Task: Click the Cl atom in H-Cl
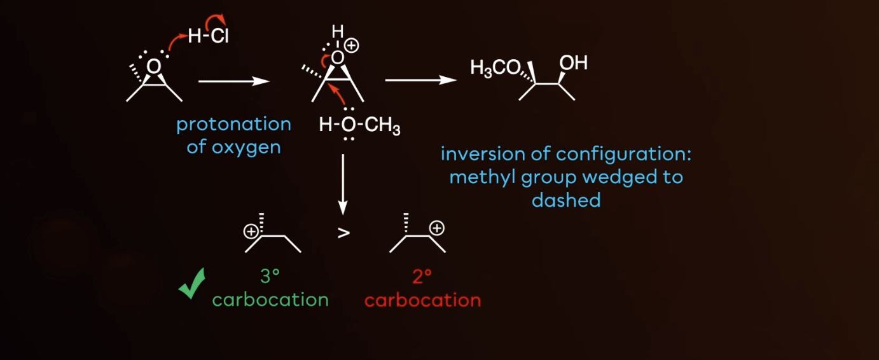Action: pyautogui.click(x=218, y=37)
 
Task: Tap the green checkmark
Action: pyautogui.click(x=191, y=284)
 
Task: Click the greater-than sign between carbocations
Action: pyautogui.click(x=343, y=232)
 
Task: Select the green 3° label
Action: pyautogui.click(x=270, y=277)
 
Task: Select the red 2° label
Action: pyautogui.click(x=422, y=277)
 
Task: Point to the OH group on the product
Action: pyautogui.click(x=573, y=63)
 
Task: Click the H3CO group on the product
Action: pyautogui.click(x=495, y=68)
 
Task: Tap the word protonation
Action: pyautogui.click(x=233, y=124)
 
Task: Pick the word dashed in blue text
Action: pyautogui.click(x=566, y=200)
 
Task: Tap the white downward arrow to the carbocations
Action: pyautogui.click(x=343, y=184)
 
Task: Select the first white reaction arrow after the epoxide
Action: pyautogui.click(x=234, y=81)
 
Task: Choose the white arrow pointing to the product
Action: pyautogui.click(x=421, y=80)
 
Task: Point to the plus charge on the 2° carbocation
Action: pyautogui.click(x=436, y=228)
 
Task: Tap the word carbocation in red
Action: pyautogui.click(x=422, y=300)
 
